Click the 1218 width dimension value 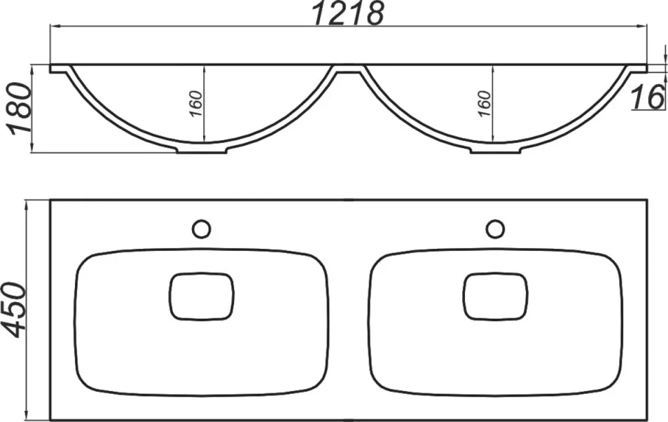click(x=348, y=13)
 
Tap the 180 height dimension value click(x=20, y=109)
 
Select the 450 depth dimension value click(x=14, y=310)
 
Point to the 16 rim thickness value click(x=647, y=97)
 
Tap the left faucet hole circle click(x=201, y=229)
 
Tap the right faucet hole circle click(x=495, y=229)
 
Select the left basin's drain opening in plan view click(x=202, y=297)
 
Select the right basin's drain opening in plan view click(x=495, y=297)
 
